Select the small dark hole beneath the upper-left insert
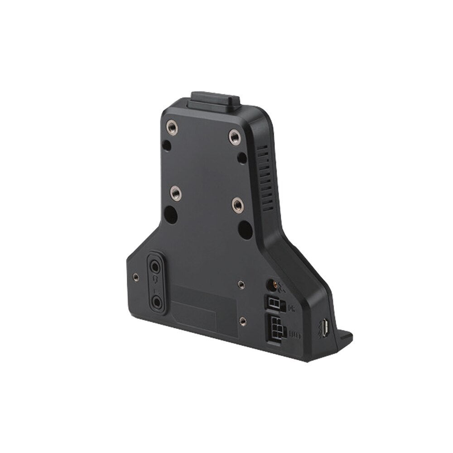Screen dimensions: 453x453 (167, 146)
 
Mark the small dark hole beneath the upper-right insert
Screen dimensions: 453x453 (242, 158)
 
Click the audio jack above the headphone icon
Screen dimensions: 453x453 (156, 265)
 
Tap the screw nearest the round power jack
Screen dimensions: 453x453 (241, 284)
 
